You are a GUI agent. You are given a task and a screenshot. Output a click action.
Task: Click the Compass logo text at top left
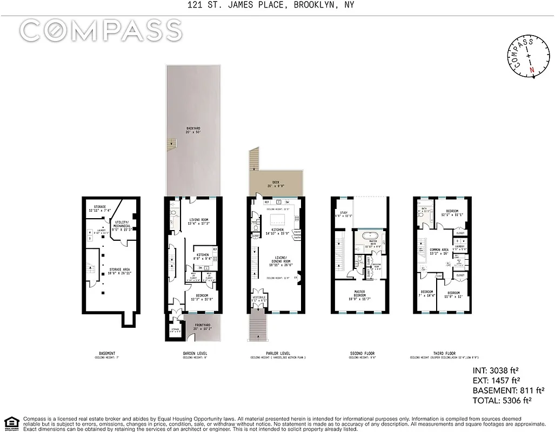tap(101, 31)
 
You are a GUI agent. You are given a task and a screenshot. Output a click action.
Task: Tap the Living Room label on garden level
tap(198, 221)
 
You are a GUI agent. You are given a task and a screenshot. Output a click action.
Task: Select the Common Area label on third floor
tap(439, 251)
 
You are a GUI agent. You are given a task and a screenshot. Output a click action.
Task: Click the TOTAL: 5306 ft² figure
tap(502, 400)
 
